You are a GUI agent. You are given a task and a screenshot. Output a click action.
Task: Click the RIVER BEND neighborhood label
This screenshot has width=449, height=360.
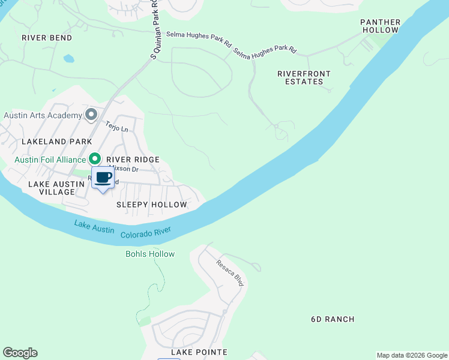(x=47, y=38)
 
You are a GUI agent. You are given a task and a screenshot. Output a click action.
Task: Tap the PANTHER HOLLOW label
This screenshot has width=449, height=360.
(x=380, y=26)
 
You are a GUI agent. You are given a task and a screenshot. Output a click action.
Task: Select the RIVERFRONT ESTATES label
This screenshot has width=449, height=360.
(x=304, y=77)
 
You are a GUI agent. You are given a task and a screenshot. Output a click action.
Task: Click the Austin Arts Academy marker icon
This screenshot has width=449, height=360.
(x=92, y=114)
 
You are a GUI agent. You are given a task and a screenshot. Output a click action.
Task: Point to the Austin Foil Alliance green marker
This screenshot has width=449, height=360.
(x=95, y=159)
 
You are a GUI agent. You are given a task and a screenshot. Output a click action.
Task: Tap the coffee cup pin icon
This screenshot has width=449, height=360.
(x=103, y=178)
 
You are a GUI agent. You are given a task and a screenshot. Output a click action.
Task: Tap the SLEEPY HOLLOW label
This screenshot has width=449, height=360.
(x=152, y=205)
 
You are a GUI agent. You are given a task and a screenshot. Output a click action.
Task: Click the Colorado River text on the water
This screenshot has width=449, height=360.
(x=146, y=232)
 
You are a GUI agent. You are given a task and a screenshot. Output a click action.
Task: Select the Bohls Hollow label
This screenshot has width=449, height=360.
(x=150, y=254)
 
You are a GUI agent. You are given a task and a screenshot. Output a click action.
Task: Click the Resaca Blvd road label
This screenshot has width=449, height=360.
(x=230, y=272)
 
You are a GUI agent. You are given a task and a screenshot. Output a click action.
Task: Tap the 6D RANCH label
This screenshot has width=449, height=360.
(x=333, y=319)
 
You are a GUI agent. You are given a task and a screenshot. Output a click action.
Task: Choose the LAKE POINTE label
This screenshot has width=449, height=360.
(x=199, y=352)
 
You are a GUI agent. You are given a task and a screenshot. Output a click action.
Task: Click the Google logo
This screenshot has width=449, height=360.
(x=20, y=353)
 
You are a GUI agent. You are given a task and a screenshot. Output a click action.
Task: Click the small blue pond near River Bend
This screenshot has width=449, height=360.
(x=68, y=59)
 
